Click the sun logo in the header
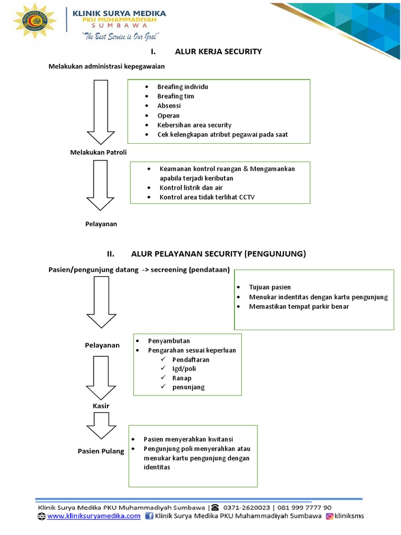(x=35, y=21)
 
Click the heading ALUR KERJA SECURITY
(x=218, y=51)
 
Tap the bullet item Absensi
(x=169, y=106)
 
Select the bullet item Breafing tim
(x=175, y=96)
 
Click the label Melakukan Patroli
(x=99, y=152)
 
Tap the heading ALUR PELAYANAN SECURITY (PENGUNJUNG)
(x=218, y=254)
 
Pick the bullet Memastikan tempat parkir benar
(x=299, y=306)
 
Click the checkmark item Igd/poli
(x=184, y=368)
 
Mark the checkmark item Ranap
(x=182, y=378)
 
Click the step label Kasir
(x=101, y=405)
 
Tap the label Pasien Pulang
(x=101, y=451)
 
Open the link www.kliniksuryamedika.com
(x=93, y=516)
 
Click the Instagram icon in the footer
(x=330, y=516)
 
